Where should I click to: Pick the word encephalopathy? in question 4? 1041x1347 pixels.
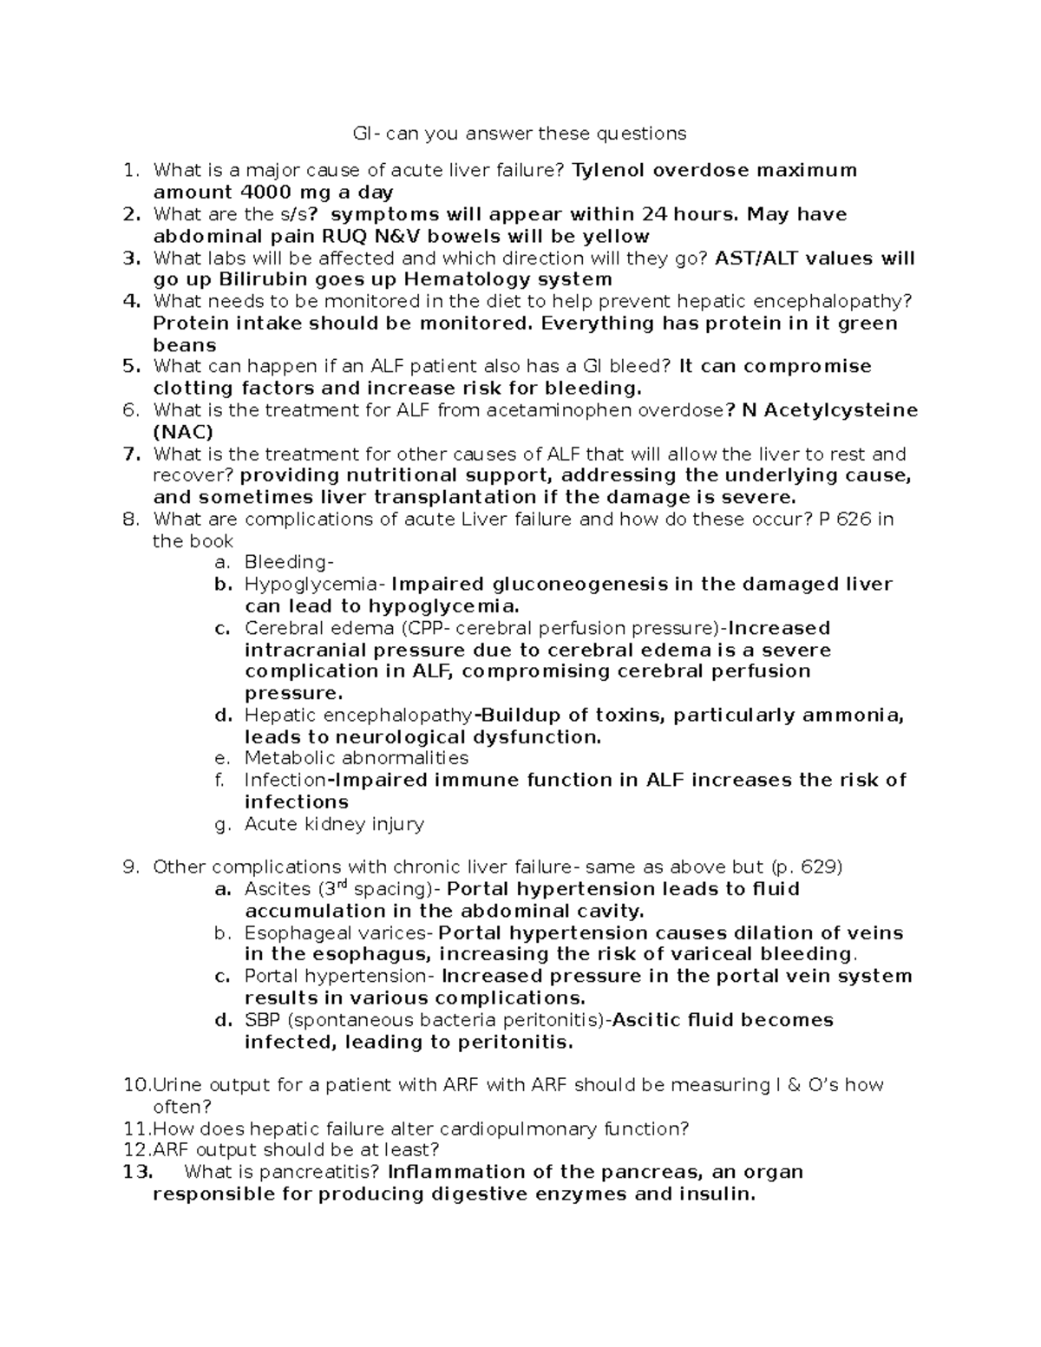tap(833, 301)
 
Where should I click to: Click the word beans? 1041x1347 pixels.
tap(185, 345)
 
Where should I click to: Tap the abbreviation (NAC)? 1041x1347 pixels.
tap(183, 432)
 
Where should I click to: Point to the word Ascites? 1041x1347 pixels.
tap(278, 889)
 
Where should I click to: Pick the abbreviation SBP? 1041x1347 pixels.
tap(263, 1020)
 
